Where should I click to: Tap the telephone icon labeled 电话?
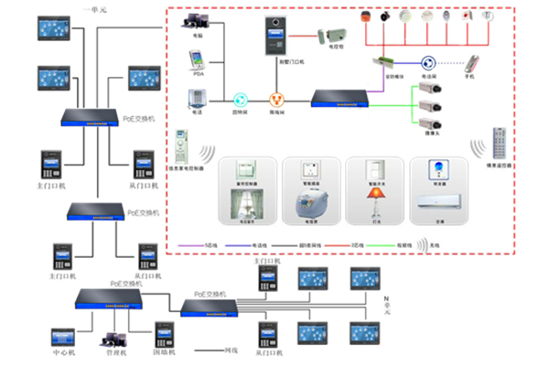point(196,97)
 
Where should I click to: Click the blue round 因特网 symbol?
point(241,99)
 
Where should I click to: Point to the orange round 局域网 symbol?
point(274,99)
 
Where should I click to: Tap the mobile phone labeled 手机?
point(473,65)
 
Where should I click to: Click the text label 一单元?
point(95,8)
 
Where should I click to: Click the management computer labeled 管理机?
point(116,335)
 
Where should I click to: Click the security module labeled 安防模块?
point(383,62)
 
